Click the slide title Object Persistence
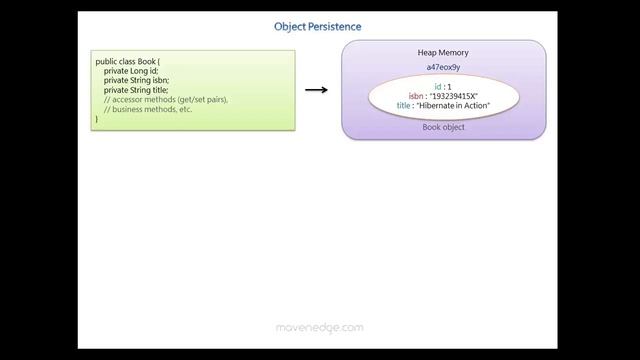(x=318, y=26)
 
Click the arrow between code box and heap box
(x=316, y=90)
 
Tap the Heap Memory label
(x=443, y=53)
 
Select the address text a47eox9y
(x=443, y=67)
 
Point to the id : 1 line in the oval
(x=443, y=87)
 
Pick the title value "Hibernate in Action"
(x=453, y=105)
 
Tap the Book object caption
(x=443, y=127)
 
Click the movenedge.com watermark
(x=319, y=327)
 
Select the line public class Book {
(x=128, y=62)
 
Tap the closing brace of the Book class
(x=98, y=119)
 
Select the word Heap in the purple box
(x=427, y=53)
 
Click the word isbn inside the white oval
(x=416, y=96)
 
